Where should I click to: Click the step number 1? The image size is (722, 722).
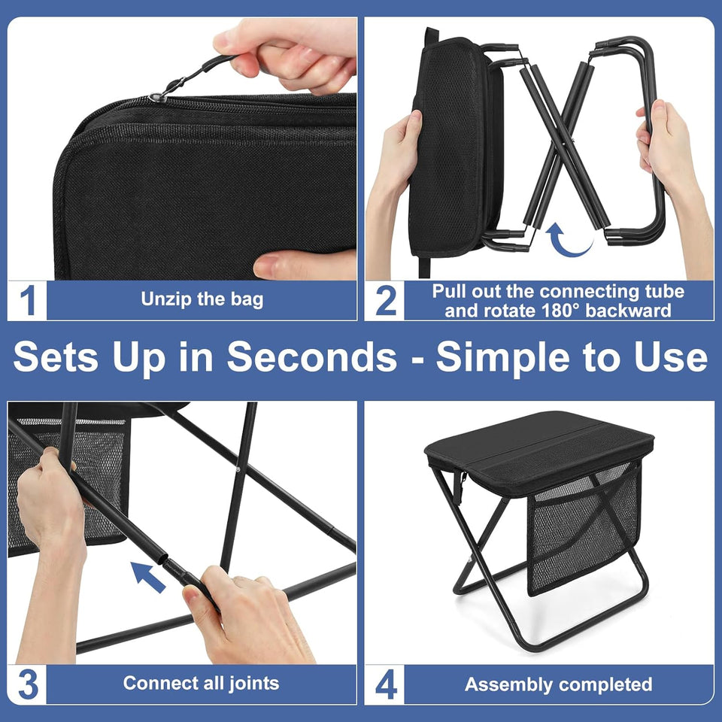click(28, 301)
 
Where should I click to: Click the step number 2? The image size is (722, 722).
click(385, 301)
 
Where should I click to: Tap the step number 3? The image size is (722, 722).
click(28, 684)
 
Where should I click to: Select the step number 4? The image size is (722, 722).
click(385, 684)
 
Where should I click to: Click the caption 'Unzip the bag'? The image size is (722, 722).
click(202, 299)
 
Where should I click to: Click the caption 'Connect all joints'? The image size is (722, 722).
click(201, 683)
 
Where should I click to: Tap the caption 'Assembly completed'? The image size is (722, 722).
click(558, 684)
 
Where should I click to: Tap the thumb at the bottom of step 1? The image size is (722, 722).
click(301, 265)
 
